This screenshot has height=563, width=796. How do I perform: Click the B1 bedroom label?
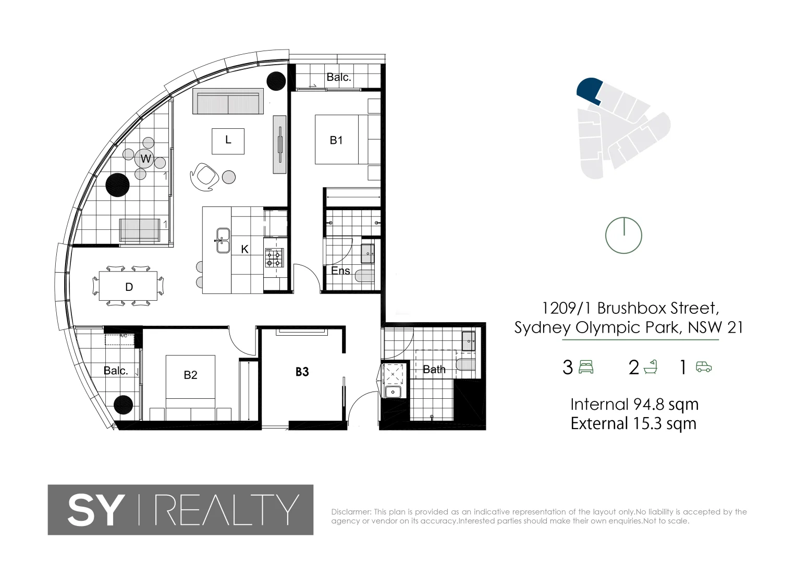click(336, 140)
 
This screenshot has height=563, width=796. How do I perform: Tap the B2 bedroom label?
click(190, 375)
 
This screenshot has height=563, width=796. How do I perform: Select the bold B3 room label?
click(302, 372)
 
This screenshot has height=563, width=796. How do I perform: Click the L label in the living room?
click(228, 140)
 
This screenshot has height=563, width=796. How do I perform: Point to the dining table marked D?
click(129, 287)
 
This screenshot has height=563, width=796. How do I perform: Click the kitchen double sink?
click(223, 240)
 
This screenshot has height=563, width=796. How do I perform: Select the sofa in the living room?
click(227, 101)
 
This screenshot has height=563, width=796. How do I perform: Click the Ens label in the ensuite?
click(340, 271)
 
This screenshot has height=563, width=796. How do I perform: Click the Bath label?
click(434, 370)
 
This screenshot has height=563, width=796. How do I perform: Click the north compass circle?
click(623, 236)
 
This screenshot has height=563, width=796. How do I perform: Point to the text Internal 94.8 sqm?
click(634, 405)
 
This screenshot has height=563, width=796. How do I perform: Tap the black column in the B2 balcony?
click(124, 405)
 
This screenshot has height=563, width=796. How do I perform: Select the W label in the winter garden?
click(145, 159)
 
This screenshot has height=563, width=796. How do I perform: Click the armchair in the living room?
click(203, 175)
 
